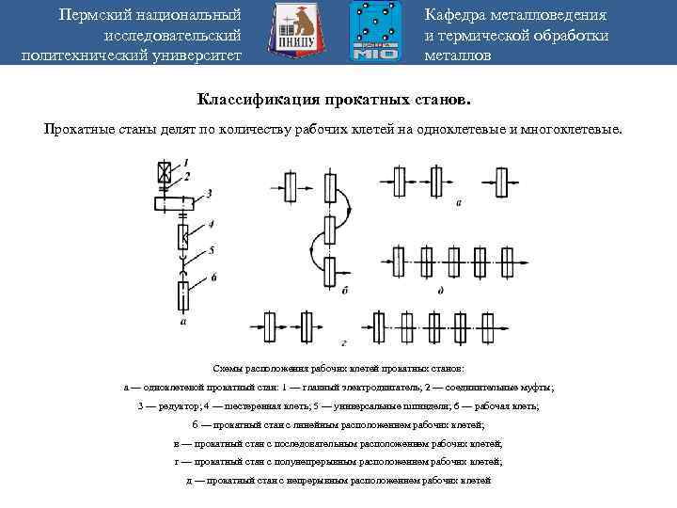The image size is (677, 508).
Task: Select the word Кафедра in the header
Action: (457, 15)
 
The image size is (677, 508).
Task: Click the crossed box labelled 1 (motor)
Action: (166, 173)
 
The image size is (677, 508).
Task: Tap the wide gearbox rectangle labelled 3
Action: (172, 201)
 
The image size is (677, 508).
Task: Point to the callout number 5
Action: (213, 250)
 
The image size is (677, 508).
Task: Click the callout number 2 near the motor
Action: (187, 176)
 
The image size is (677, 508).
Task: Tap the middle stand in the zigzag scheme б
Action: (329, 229)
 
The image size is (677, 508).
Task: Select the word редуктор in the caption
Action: (174, 405)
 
